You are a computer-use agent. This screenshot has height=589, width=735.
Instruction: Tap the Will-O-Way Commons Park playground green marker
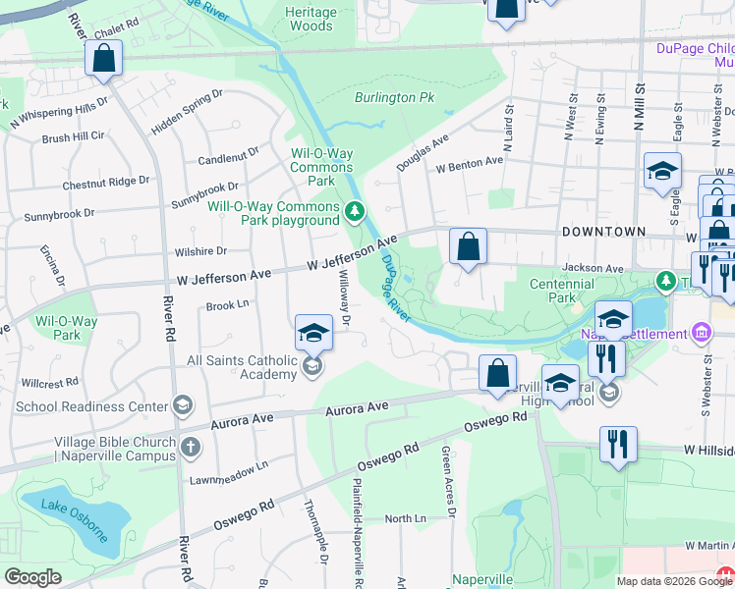355,209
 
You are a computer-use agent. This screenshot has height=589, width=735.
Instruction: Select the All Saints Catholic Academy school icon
312,367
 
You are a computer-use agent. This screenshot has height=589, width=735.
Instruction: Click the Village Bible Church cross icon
191,448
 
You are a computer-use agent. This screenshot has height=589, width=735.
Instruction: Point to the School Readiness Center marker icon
182,405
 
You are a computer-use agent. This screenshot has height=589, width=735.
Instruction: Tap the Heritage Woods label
311,19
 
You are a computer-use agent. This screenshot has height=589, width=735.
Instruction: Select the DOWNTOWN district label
604,232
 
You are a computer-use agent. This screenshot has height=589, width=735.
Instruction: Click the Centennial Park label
561,290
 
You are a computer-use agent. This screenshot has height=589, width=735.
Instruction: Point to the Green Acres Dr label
447,480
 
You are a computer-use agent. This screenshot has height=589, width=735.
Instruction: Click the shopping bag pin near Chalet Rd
103,58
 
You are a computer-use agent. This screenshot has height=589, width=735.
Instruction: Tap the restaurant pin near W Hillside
618,444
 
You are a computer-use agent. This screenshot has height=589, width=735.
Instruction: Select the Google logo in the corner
32,577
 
